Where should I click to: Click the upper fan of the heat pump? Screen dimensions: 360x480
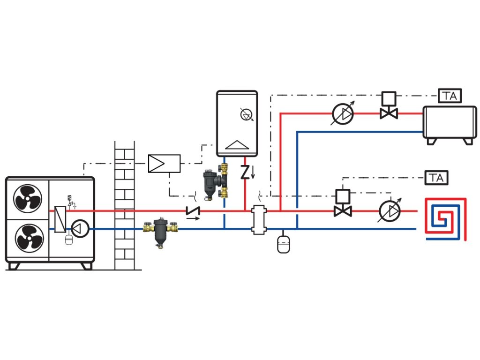point(28,200)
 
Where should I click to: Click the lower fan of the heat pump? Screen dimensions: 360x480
point(28,237)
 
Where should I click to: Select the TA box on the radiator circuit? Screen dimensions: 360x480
point(450,96)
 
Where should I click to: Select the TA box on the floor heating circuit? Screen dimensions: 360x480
point(436,178)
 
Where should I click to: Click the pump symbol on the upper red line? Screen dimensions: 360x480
point(344,113)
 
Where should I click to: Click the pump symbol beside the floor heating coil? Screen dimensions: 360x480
point(390,211)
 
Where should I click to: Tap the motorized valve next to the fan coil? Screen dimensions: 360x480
point(389,107)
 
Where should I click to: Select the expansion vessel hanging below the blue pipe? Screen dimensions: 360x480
point(283,243)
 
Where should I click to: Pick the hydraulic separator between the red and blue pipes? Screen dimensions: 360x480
point(258,219)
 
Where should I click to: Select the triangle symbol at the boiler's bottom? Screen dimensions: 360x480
point(236,145)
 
